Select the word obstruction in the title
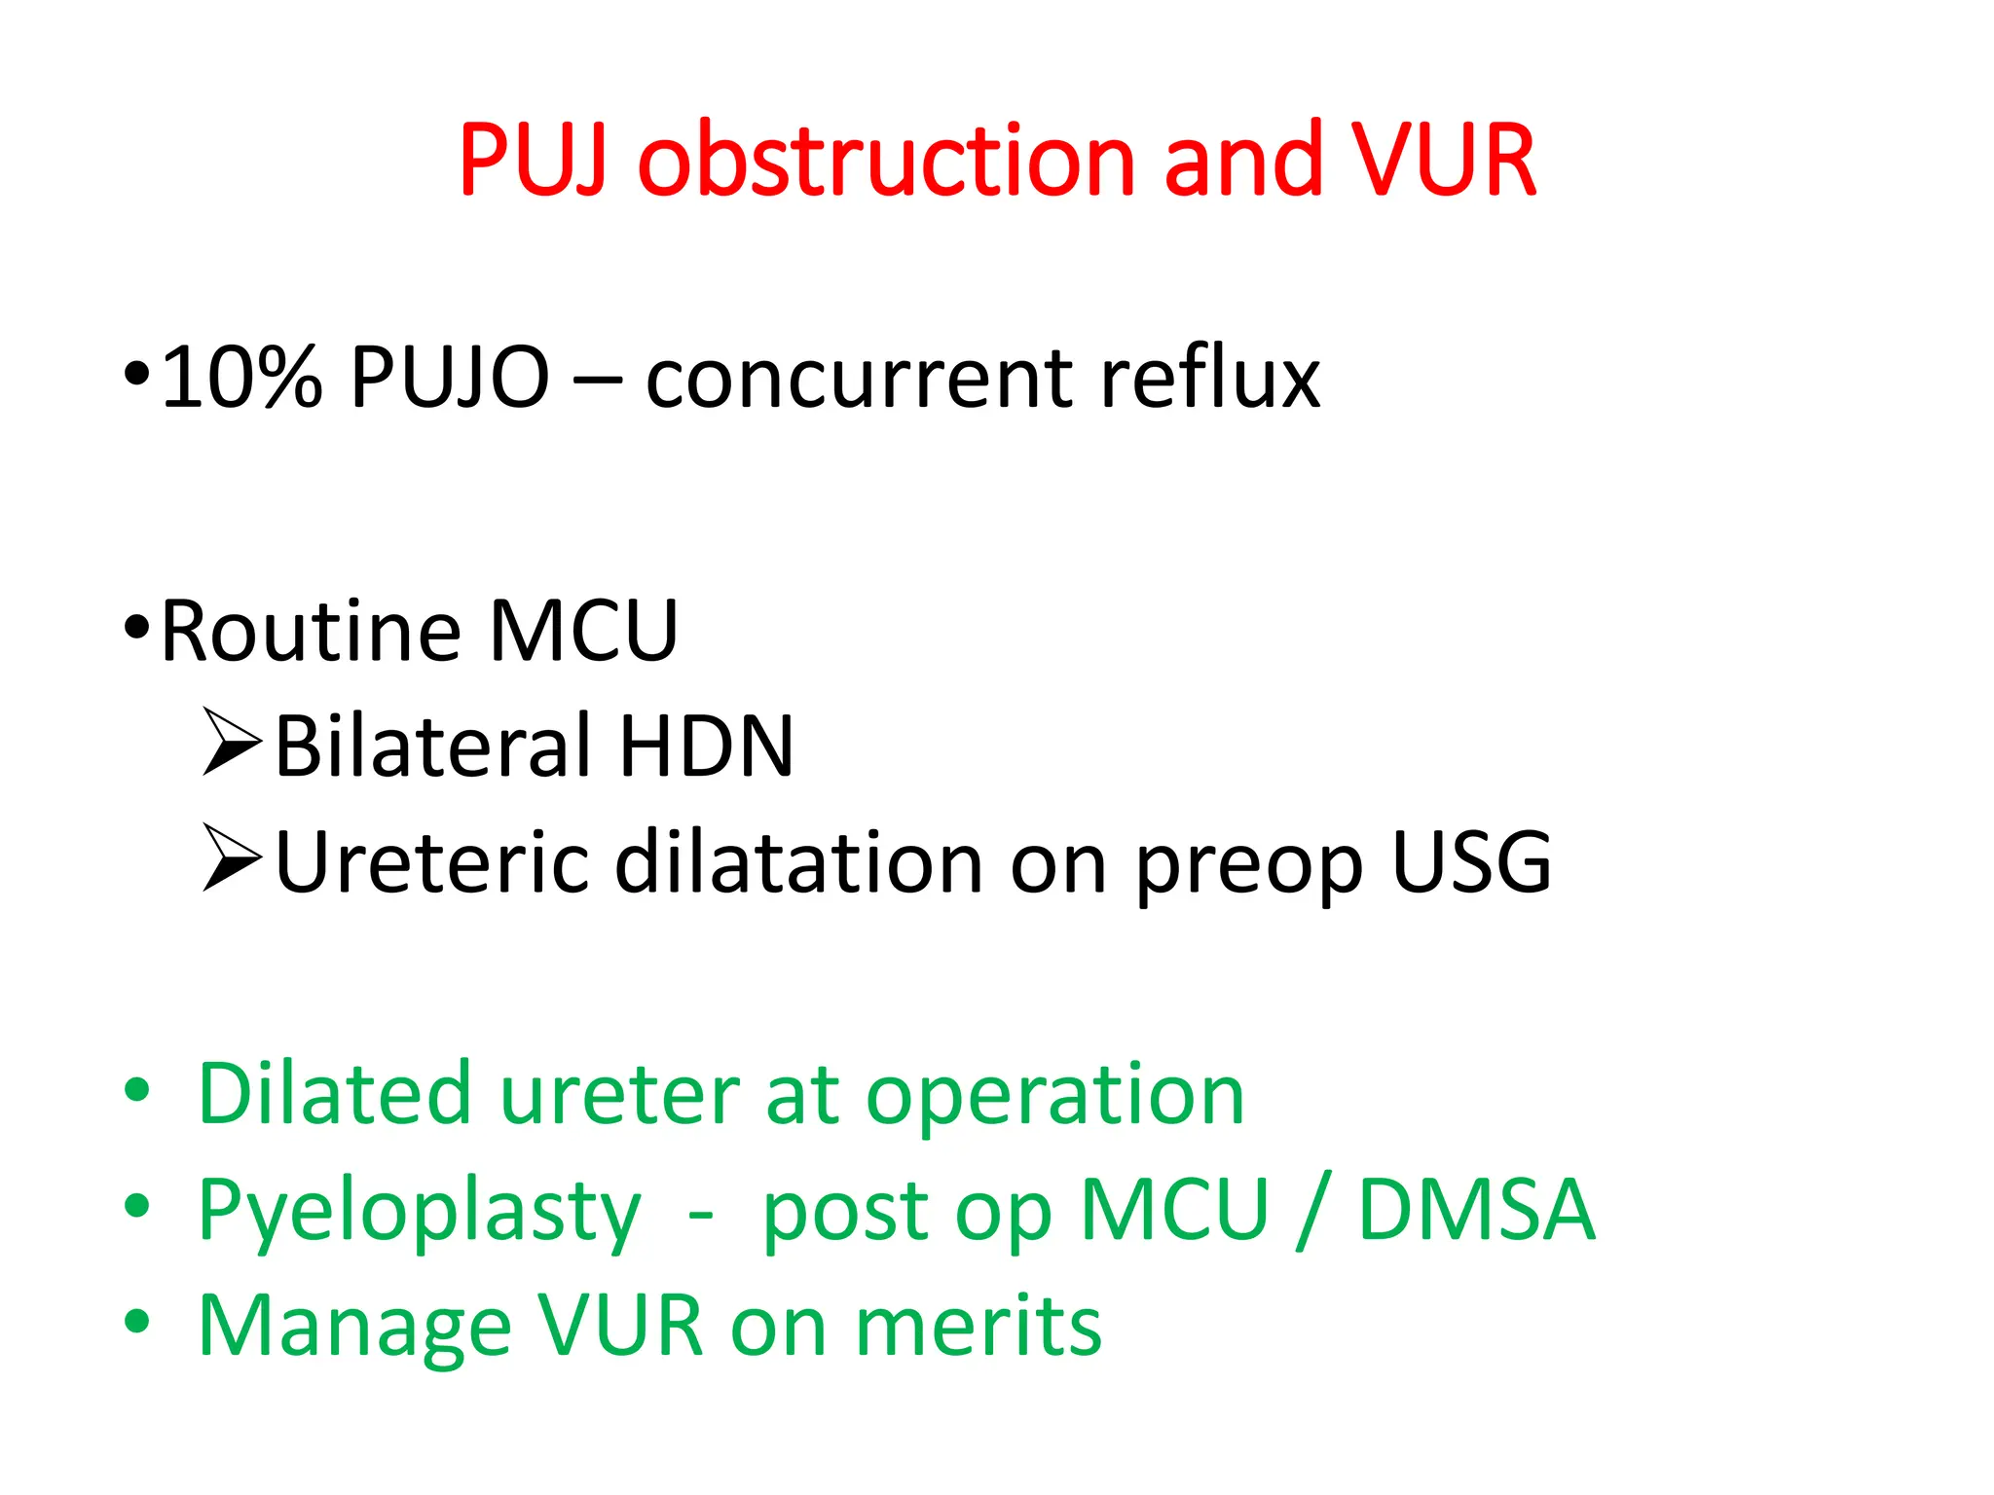(886, 161)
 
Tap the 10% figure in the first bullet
(240, 378)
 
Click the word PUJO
(450, 378)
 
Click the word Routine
(310, 632)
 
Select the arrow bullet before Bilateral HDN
(231, 743)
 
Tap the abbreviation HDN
(706, 747)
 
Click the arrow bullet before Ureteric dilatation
(231, 858)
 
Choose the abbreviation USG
(1470, 862)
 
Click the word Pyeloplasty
(420, 1213)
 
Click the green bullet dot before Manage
(137, 1322)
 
